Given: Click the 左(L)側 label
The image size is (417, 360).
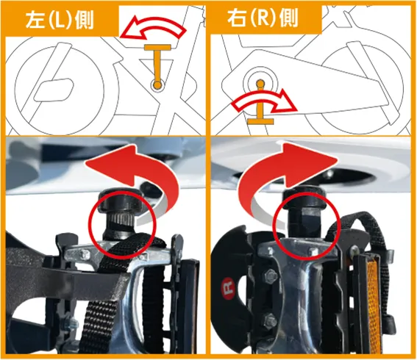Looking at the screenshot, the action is click(x=60, y=21).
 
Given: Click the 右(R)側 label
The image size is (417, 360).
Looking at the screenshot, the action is click(x=263, y=19).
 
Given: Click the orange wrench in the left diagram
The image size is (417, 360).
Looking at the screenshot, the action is click(x=157, y=66).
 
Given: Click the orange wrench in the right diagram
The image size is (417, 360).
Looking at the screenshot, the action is click(x=260, y=103).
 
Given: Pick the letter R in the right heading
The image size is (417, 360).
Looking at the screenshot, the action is click(x=263, y=19).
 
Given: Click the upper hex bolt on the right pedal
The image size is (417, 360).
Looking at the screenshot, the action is click(x=271, y=273).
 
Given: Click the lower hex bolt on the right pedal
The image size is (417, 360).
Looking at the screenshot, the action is click(x=270, y=320).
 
